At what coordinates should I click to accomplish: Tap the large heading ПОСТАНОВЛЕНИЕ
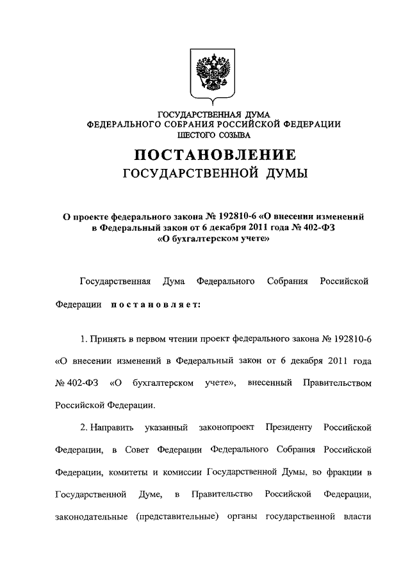tap(214, 155)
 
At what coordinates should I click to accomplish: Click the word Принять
tap(111, 337)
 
